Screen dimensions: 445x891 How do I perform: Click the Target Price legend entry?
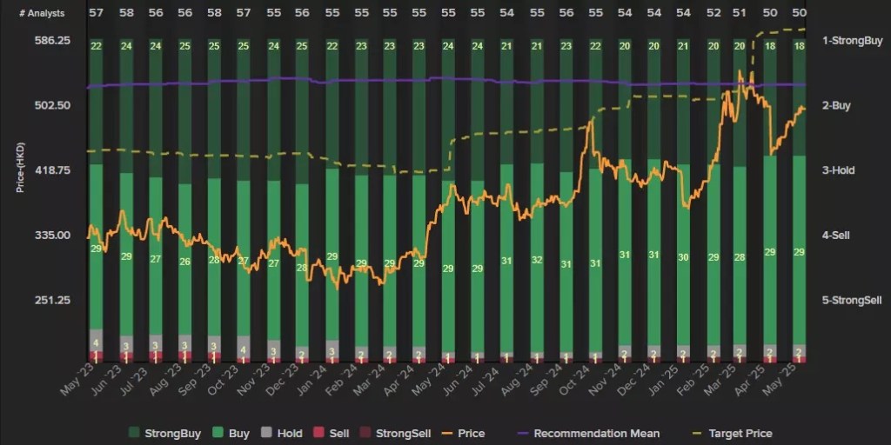click(739, 433)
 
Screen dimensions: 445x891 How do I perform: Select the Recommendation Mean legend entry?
click(596, 433)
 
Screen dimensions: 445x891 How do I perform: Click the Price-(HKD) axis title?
click(21, 164)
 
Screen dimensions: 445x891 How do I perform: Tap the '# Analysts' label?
click(41, 13)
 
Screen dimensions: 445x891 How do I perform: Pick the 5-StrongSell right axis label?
click(852, 300)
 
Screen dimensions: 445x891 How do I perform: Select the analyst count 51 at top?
click(740, 13)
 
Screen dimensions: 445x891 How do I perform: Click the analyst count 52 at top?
click(713, 13)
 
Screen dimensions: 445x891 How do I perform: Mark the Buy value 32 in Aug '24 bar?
click(537, 260)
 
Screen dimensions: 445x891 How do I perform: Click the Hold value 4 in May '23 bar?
click(96, 343)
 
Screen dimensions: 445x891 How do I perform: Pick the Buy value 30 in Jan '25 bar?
click(684, 257)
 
